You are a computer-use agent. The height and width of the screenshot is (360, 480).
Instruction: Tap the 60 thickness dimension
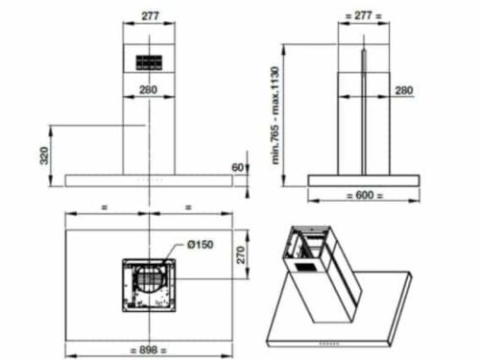click(237, 168)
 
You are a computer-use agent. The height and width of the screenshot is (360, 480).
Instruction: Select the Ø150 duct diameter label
click(199, 245)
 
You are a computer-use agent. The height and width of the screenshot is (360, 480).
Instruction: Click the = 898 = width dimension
click(147, 348)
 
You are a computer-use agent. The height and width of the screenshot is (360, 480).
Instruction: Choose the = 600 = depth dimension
click(364, 194)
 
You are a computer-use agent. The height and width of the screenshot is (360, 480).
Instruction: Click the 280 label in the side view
click(403, 91)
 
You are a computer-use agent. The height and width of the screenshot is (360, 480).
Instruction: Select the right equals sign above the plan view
click(187, 206)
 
